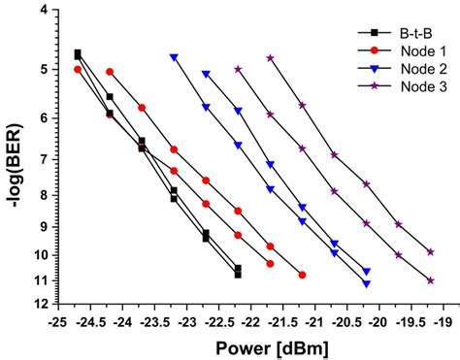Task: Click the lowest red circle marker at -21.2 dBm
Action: tap(302, 275)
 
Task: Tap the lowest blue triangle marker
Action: tap(366, 283)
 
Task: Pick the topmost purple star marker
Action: tap(270, 58)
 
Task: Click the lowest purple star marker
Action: tap(430, 279)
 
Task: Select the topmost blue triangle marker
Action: tap(174, 57)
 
